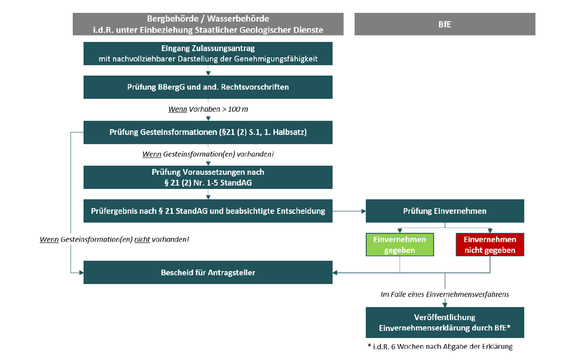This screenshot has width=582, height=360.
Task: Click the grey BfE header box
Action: (x=445, y=24)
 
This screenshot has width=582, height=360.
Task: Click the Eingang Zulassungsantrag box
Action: (x=208, y=53)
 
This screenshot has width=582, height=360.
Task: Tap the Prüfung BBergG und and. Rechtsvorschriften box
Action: (x=208, y=87)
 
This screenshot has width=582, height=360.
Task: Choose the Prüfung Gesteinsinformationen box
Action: (x=208, y=132)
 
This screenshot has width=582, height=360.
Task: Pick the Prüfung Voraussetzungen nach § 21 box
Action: (x=208, y=177)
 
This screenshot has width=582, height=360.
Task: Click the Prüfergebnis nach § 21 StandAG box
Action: (x=208, y=211)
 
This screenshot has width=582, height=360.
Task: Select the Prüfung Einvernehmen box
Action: (x=445, y=211)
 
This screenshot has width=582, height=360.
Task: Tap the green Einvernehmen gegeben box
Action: (x=399, y=245)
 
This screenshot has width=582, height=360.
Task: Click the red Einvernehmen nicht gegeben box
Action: (x=489, y=245)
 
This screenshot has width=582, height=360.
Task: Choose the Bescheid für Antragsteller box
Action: (x=208, y=272)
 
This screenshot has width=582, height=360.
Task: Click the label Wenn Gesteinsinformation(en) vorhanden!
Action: (x=208, y=154)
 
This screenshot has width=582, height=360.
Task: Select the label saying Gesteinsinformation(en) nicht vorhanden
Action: (x=114, y=240)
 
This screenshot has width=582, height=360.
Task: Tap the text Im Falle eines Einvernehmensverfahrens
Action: (x=445, y=294)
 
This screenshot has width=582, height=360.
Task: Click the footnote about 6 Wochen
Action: (x=440, y=347)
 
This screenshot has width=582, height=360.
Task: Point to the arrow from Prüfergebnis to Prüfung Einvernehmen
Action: (x=349, y=211)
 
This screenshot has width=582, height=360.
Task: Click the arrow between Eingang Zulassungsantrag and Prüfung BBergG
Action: (x=208, y=70)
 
